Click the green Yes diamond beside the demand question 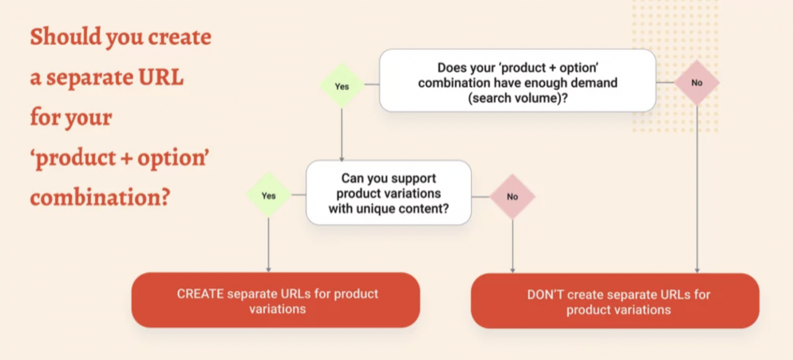point(342,86)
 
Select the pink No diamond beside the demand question point(696,83)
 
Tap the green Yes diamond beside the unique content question point(268,195)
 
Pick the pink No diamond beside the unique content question point(512,196)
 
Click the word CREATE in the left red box point(200,294)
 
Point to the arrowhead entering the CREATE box point(268,269)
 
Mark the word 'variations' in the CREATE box point(277,309)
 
